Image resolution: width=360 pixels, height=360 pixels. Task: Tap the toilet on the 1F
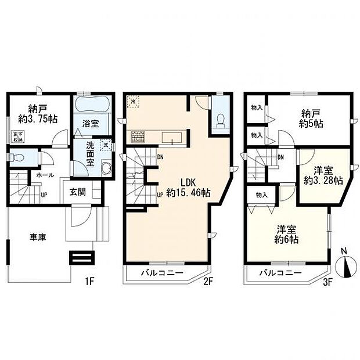17,157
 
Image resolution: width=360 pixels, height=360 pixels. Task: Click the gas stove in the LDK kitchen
138,138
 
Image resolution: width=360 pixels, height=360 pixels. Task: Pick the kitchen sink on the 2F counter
172,138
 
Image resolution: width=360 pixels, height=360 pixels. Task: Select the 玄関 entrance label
78,192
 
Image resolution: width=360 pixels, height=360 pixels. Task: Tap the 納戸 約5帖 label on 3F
311,118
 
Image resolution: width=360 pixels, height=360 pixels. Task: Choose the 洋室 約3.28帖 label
323,176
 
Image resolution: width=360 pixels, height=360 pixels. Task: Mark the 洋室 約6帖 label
286,233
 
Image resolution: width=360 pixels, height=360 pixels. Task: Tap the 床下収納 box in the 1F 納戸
17,136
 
